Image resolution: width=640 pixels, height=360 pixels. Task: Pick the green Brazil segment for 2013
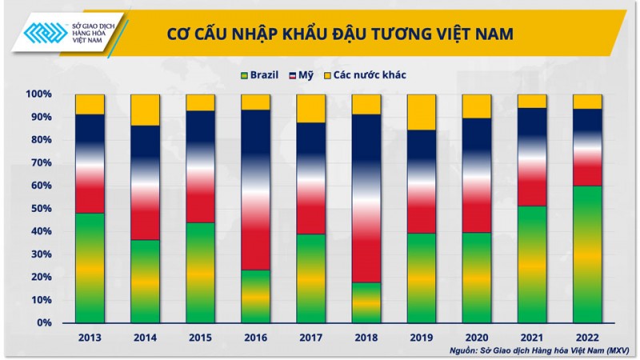(x=90, y=268)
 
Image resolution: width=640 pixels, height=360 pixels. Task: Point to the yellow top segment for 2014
(x=145, y=110)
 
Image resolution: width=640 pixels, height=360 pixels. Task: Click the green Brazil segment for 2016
(x=256, y=296)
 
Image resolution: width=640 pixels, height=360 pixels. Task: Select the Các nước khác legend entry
(x=363, y=75)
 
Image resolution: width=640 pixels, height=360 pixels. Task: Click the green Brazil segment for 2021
(x=533, y=264)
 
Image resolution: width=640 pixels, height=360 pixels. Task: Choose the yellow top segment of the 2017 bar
(x=311, y=108)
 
